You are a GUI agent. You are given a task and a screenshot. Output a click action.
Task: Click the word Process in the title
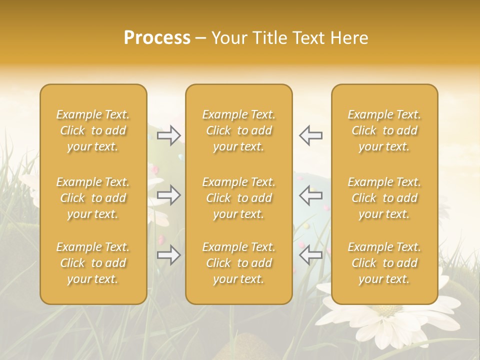[157, 38]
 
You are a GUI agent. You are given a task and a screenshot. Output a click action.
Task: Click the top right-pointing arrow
[169, 135]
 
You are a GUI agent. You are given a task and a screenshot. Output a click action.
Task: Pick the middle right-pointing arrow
[169, 195]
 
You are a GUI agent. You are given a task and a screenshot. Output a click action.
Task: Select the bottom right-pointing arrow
[169, 255]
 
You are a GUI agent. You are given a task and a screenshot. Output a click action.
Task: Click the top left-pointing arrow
[310, 135]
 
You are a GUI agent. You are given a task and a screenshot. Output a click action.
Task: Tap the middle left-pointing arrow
[310, 195]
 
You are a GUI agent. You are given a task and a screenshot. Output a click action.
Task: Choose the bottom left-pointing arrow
[310, 255]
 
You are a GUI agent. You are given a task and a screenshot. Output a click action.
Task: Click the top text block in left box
[93, 130]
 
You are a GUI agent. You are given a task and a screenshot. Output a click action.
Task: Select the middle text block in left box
[93, 198]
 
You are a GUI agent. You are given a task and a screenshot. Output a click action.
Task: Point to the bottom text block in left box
[93, 263]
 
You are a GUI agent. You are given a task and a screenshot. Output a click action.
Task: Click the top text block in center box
[238, 130]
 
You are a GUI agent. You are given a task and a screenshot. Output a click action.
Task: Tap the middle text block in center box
[238, 198]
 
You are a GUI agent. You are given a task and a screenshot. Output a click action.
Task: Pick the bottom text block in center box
[238, 263]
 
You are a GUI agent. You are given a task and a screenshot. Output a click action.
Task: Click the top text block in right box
[384, 130]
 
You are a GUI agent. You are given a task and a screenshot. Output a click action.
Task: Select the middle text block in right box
[384, 198]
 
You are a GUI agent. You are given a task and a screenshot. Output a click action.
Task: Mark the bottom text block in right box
[384, 263]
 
